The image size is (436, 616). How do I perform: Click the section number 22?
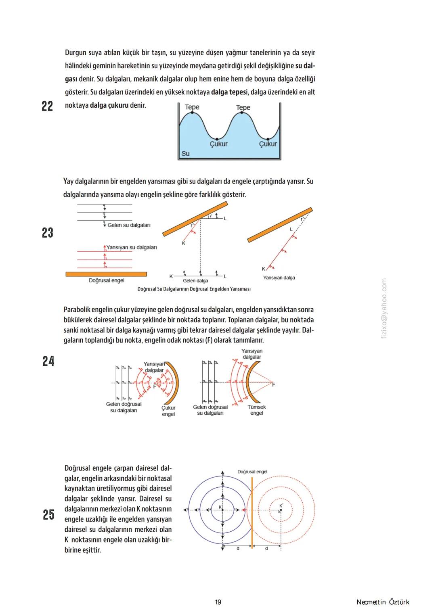tap(47, 106)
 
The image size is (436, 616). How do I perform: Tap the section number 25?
tap(48, 515)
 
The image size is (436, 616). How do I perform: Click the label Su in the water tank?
tap(185, 153)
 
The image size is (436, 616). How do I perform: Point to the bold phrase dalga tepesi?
tap(229, 92)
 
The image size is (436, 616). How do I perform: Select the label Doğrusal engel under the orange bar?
tap(107, 280)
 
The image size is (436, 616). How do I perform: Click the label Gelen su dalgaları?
tap(129, 225)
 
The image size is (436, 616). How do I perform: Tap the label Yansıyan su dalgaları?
tap(132, 247)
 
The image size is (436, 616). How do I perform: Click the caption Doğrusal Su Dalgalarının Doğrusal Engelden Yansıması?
tap(194, 289)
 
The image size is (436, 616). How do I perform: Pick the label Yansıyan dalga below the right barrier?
tap(279, 278)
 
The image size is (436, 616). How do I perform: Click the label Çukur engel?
tap(168, 411)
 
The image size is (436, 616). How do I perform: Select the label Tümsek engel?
tap(256, 410)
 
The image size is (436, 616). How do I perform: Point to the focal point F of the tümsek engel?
tap(274, 385)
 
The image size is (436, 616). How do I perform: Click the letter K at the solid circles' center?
tap(220, 507)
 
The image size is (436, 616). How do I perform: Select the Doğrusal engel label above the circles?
tap(252, 472)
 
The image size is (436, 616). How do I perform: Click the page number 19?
tap(218, 602)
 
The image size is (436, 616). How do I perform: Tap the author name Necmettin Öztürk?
tap(383, 602)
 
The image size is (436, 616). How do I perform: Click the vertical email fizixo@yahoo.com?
tap(384, 309)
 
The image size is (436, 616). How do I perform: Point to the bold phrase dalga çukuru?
tap(109, 105)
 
